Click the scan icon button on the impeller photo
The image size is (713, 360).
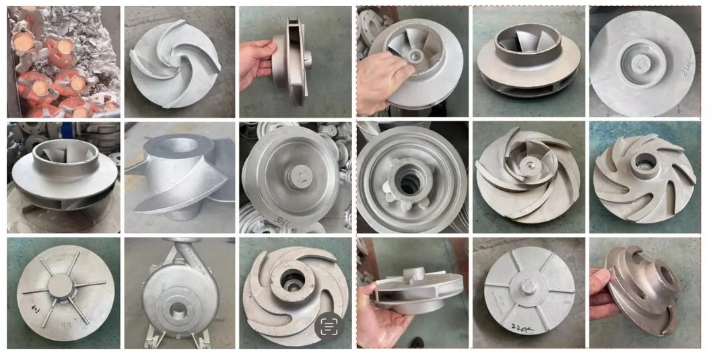pos(329,326)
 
